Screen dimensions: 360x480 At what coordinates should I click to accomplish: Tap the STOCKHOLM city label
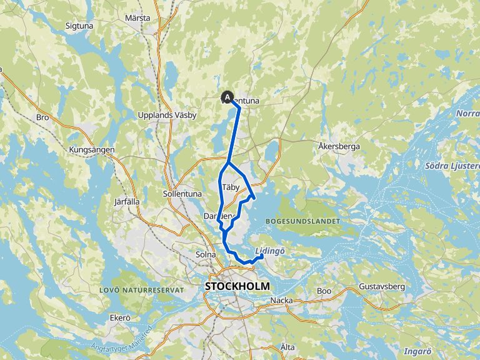coord(237,286)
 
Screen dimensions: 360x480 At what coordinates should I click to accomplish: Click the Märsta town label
coord(137,18)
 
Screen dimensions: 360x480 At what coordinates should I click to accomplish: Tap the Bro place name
coord(43,117)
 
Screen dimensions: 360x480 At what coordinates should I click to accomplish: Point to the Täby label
coord(231,187)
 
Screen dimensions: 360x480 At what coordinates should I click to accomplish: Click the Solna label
coord(205,254)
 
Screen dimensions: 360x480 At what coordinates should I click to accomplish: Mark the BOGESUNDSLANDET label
coord(302,221)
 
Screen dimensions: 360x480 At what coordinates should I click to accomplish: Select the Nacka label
coord(281,301)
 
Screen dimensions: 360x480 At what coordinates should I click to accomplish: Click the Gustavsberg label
coord(383,287)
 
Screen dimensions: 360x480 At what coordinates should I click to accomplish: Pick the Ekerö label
coord(119,318)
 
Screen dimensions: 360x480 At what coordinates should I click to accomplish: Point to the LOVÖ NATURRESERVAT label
coord(142,290)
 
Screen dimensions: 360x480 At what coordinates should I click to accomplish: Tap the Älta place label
coord(287,346)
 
